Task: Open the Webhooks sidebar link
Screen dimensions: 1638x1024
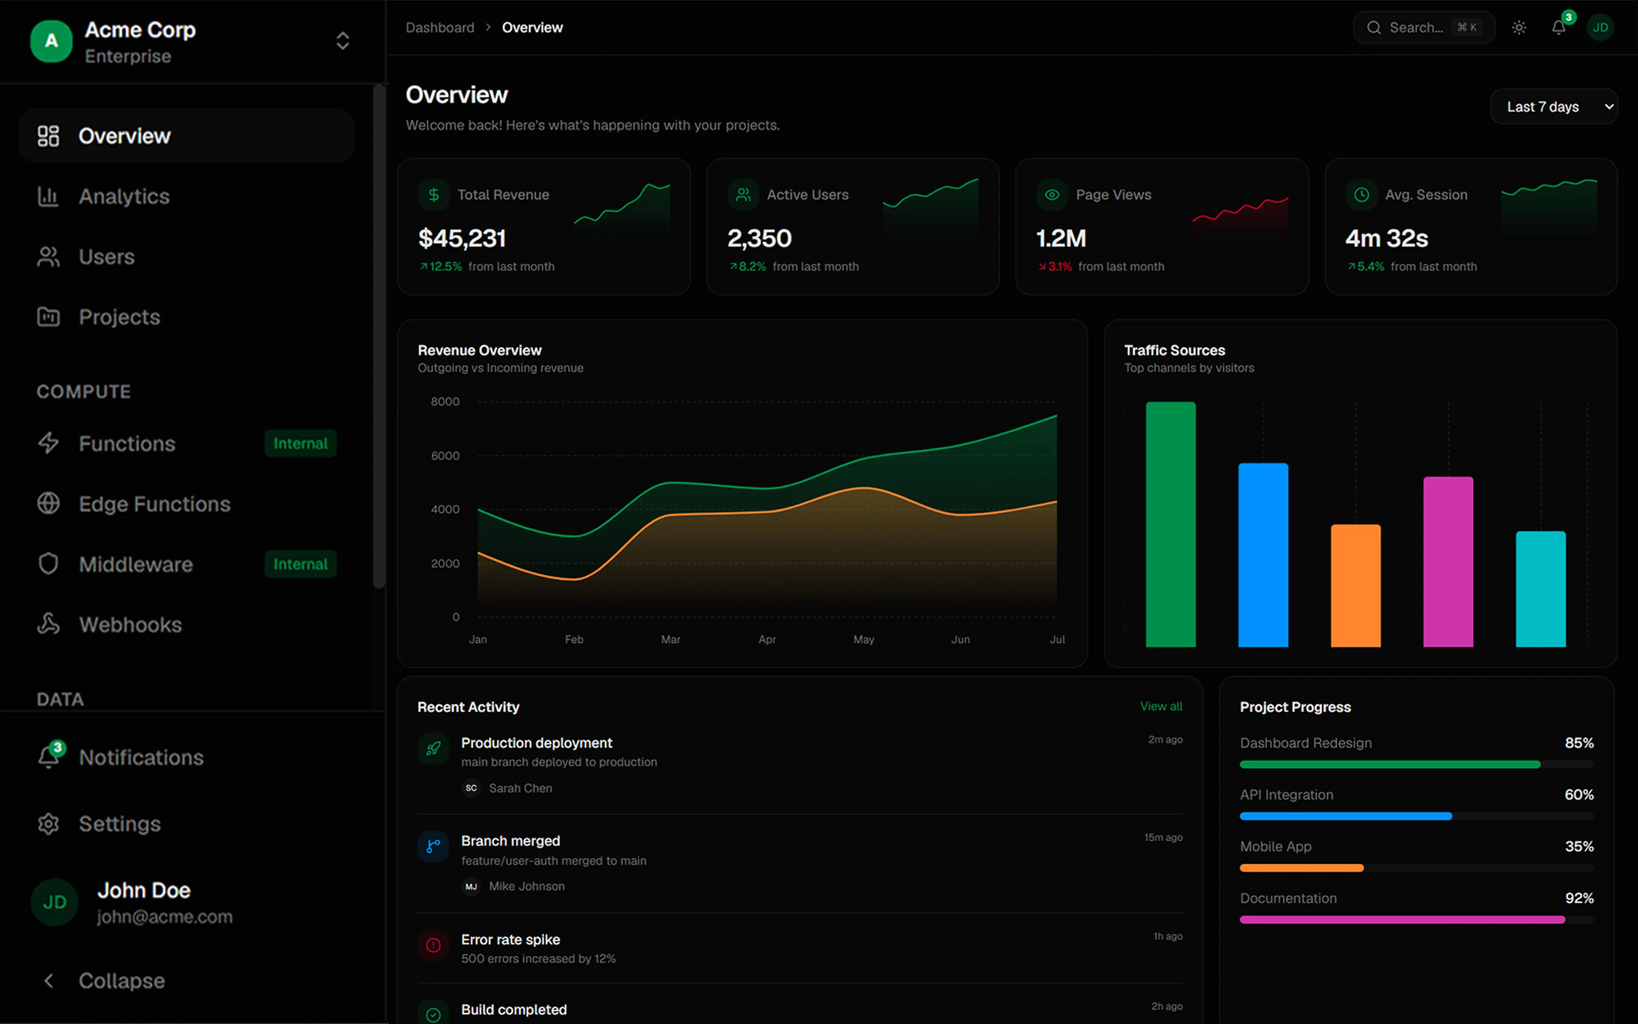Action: pyautogui.click(x=110, y=624)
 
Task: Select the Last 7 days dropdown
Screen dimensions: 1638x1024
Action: pyautogui.click(x=1554, y=107)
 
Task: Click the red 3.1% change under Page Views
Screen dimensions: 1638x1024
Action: pyautogui.click(x=1055, y=267)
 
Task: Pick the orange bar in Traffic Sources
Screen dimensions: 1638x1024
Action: pyautogui.click(x=1356, y=586)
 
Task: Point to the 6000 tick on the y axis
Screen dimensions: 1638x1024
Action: pyautogui.click(x=445, y=456)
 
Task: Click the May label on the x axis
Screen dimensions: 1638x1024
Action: pyautogui.click(x=864, y=639)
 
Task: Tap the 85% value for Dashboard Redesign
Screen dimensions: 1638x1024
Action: pyautogui.click(x=1579, y=743)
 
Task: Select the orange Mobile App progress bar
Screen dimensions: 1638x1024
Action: pyautogui.click(x=1301, y=867)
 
